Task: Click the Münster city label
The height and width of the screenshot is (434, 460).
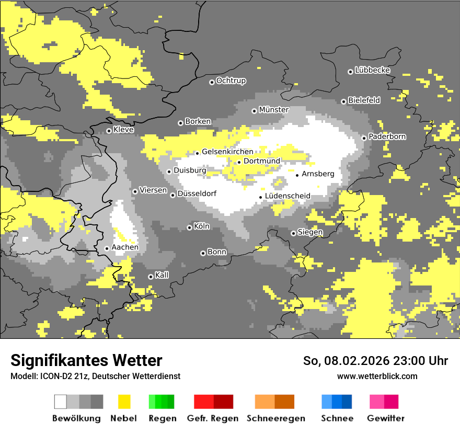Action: [x=274, y=110]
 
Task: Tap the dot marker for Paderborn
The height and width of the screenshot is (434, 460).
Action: [x=364, y=138]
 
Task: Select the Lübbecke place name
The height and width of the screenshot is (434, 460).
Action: [x=373, y=70]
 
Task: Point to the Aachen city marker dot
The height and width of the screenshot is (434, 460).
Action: [x=107, y=248]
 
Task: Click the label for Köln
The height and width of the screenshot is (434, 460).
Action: [x=202, y=226]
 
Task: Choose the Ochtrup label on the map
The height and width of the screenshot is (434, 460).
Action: [x=231, y=81]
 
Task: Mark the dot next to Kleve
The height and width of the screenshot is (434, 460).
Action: [x=109, y=131]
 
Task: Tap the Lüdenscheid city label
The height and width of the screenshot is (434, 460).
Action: [x=287, y=196]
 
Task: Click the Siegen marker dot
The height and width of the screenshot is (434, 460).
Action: [x=293, y=233]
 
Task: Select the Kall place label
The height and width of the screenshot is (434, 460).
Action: [x=162, y=275]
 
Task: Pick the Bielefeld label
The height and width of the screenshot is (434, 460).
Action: [x=364, y=100]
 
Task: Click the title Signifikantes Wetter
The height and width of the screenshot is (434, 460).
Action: [x=86, y=360]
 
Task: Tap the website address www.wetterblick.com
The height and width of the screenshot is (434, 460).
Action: [x=377, y=376]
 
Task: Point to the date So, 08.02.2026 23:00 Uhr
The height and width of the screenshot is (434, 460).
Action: [x=375, y=361]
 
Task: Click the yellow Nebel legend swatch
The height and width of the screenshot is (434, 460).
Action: [x=124, y=402]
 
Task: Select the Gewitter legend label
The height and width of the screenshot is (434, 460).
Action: [x=385, y=418]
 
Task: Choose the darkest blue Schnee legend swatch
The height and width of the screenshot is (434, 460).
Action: [x=347, y=402]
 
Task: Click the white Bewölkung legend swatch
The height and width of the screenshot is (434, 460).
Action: [x=60, y=402]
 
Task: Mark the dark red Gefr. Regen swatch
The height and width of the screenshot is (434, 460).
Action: [x=223, y=402]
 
